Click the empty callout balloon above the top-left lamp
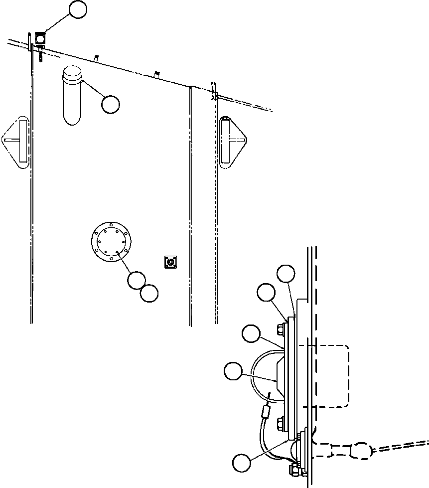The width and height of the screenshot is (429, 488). [78, 9]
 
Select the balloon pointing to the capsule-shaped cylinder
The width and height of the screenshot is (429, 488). [110, 104]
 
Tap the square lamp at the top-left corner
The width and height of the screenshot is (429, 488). [40, 37]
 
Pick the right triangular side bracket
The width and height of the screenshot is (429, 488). [233, 141]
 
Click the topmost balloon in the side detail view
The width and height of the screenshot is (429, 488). [286, 274]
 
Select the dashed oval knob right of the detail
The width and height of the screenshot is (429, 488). [361, 451]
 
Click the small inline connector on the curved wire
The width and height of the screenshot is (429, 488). [266, 413]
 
